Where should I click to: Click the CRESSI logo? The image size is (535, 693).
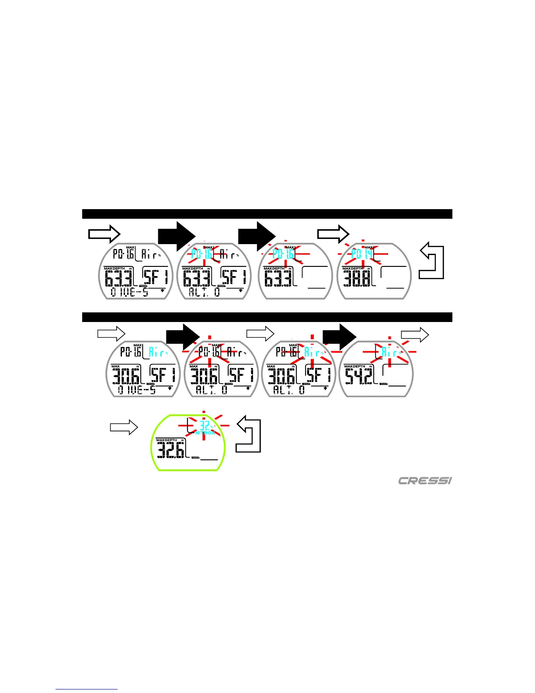click(424, 481)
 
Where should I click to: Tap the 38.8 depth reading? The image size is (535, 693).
click(358, 278)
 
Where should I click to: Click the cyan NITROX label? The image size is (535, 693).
click(205, 433)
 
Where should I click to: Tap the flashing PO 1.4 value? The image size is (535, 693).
click(362, 254)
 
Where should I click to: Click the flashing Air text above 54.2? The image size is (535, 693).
click(390, 352)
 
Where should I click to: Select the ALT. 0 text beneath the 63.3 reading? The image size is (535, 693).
click(205, 292)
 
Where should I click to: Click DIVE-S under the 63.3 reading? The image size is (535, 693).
click(129, 292)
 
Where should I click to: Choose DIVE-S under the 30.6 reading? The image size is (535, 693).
click(137, 389)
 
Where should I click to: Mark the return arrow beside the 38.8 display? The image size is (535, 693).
click(432, 261)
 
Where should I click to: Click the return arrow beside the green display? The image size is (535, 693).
click(249, 434)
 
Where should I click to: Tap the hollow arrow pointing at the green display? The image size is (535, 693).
click(124, 427)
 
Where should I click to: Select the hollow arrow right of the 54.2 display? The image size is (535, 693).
click(415, 335)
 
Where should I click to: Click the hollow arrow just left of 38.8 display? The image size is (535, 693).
click(333, 234)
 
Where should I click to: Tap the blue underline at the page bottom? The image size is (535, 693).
click(87, 689)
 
